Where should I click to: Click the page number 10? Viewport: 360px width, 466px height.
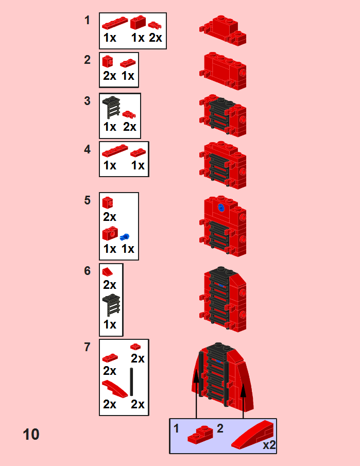click(31, 434)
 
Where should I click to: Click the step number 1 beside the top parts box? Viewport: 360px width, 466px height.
click(87, 20)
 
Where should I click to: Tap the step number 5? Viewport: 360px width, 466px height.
click(87, 200)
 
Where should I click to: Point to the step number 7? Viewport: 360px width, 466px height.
click(87, 347)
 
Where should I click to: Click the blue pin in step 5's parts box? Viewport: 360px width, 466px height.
click(125, 237)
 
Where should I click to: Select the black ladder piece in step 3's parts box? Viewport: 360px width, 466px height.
click(111, 108)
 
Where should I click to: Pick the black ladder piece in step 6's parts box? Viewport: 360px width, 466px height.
click(111, 305)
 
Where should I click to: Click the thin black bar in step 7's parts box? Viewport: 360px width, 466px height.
click(131, 382)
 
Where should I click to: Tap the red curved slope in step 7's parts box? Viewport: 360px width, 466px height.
click(115, 388)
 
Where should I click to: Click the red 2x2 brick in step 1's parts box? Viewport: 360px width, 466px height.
click(138, 22)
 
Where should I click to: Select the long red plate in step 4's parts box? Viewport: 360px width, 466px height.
click(115, 150)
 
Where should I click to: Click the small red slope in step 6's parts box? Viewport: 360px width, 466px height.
click(107, 272)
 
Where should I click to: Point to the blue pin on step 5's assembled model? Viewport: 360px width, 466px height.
click(221, 208)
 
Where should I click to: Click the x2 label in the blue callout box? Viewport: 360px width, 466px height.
click(269, 445)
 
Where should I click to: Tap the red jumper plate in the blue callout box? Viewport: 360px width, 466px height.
click(200, 435)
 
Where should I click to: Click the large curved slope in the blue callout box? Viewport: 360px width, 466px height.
click(252, 435)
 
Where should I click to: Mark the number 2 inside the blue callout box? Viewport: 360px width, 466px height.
click(220, 428)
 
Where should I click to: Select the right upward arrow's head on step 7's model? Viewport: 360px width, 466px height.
click(243, 390)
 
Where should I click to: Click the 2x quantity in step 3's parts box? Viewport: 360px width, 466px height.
click(130, 127)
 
